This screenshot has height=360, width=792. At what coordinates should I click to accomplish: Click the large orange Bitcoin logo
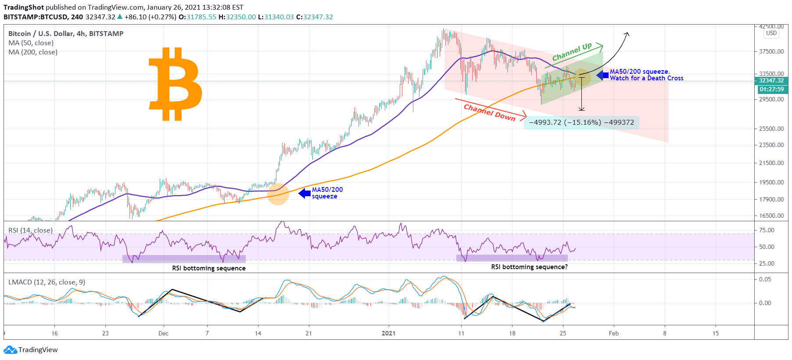tap(176, 84)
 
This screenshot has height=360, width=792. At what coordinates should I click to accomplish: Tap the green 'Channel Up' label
tap(572, 52)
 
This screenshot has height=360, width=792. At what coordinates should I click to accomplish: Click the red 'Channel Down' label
tap(489, 112)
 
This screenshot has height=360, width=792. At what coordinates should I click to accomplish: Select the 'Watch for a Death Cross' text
tap(646, 79)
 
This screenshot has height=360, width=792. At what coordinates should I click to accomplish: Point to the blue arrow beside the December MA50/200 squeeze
tap(305, 193)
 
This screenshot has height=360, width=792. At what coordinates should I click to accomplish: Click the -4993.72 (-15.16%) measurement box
tap(581, 122)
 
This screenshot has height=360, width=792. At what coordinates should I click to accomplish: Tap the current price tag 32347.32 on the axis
tap(771, 81)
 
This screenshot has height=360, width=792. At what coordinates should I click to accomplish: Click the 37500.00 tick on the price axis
tap(771, 51)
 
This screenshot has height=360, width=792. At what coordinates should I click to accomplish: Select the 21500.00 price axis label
tap(771, 163)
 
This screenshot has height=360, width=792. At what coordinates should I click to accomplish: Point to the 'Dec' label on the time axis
tap(163, 333)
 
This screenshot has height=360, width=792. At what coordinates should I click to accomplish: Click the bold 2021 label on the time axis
tap(388, 333)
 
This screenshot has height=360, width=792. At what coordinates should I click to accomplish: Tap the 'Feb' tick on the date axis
tap(613, 333)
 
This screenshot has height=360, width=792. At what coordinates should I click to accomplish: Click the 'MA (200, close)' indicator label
tap(33, 52)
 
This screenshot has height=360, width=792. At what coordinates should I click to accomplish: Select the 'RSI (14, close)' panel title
tap(30, 230)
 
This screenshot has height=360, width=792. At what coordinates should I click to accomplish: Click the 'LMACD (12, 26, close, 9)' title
tap(47, 282)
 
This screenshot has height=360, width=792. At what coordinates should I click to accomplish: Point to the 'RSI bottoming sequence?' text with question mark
tap(529, 267)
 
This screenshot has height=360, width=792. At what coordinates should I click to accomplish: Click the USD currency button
tap(771, 33)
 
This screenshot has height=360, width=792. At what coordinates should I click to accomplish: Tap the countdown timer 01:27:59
tap(771, 90)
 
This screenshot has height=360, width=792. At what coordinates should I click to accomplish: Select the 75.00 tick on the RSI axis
tap(767, 230)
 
